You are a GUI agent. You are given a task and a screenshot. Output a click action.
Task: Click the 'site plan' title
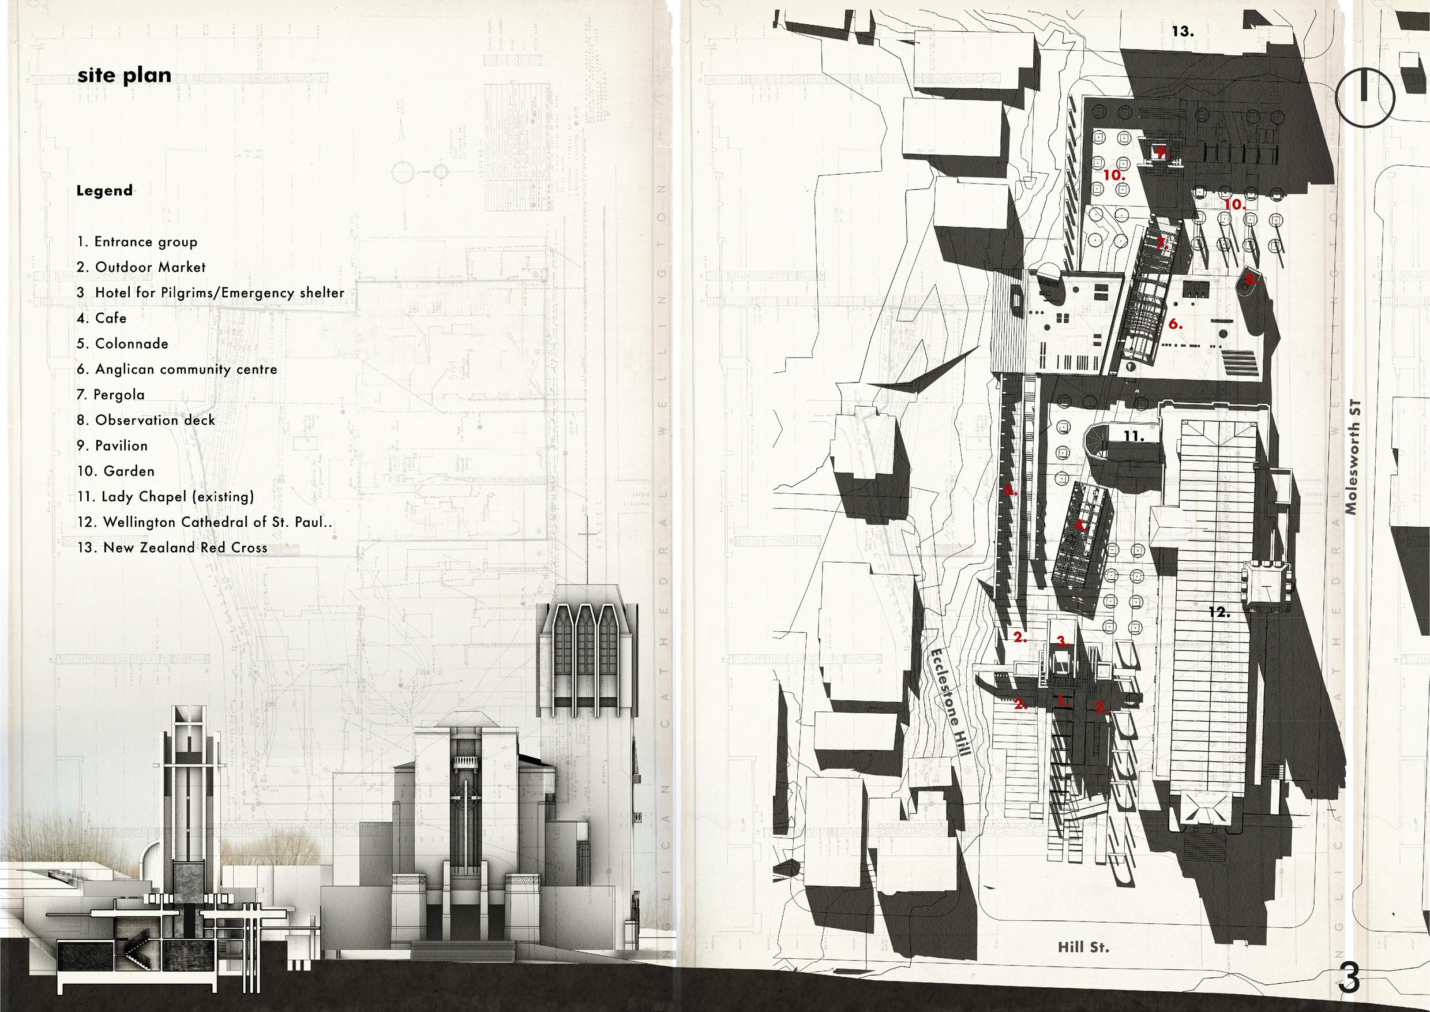pos(124,76)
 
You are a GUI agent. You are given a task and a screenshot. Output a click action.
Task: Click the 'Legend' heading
pos(104,190)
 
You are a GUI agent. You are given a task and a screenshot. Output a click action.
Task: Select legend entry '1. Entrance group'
pos(137,242)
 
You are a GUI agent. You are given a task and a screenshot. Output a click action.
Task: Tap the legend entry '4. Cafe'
pos(102,318)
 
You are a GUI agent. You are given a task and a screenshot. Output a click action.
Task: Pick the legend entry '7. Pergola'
pos(111,395)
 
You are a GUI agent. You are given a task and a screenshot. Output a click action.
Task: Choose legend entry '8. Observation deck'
pos(146,421)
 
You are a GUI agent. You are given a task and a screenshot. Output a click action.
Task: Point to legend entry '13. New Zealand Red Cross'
pos(172,548)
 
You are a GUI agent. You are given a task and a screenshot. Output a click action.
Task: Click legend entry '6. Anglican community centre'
pos(177,369)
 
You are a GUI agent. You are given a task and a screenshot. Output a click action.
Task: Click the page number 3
pos(1348,977)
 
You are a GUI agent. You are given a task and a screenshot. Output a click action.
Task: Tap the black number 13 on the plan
pos(1183,31)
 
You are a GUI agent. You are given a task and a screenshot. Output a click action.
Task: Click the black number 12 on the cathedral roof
pos(1219,613)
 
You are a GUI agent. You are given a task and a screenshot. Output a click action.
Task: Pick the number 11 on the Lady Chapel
pos(1134,436)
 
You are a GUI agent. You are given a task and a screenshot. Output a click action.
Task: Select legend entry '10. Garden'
pos(116,472)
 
